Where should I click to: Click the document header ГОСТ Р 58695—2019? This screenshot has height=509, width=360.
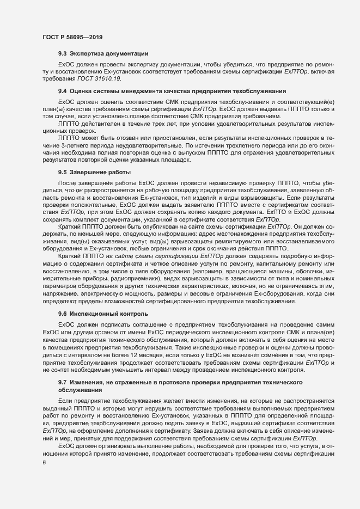coord(71,37)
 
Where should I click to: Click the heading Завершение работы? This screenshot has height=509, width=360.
coord(97,173)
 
